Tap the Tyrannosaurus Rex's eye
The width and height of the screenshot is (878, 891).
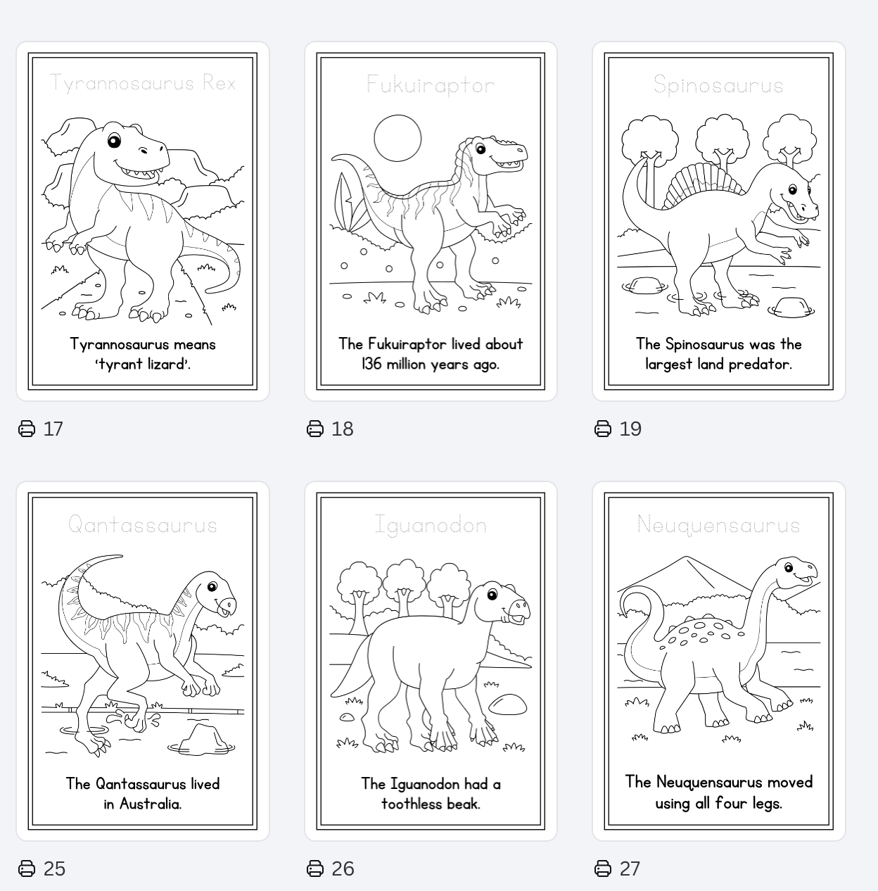pyautogui.click(x=114, y=140)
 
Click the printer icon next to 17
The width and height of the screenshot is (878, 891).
pyautogui.click(x=27, y=429)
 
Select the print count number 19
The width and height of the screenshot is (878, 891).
pyautogui.click(x=630, y=429)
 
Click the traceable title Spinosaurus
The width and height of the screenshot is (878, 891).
pyautogui.click(x=718, y=85)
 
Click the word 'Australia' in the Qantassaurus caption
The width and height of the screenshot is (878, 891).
pyautogui.click(x=151, y=804)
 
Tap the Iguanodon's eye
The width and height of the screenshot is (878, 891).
pyautogui.click(x=492, y=595)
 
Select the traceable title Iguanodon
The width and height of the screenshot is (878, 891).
pyautogui.click(x=431, y=526)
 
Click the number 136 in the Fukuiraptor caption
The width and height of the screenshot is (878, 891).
pyautogui.click(x=371, y=364)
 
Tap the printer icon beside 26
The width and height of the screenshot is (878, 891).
pyautogui.click(x=315, y=868)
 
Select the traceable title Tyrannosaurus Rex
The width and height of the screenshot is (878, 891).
pyautogui.click(x=142, y=83)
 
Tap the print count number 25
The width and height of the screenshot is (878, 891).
pyautogui.click(x=54, y=868)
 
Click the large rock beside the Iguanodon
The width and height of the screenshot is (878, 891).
pyautogui.click(x=508, y=704)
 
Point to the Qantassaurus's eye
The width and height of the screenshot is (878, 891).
pyautogui.click(x=212, y=587)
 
